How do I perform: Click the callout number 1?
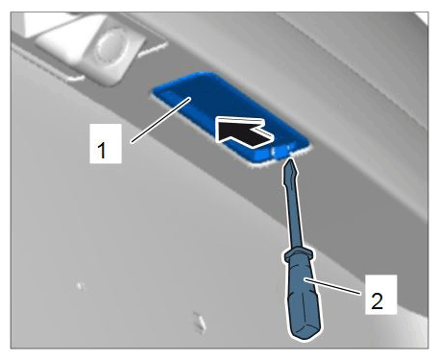pos(102,151)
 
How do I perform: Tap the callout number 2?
pos(377,301)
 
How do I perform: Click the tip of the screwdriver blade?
pos(291,159)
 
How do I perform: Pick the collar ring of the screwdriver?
pos(299,254)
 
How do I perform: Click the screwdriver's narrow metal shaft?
pos(293,204)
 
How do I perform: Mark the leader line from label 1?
pos(161,120)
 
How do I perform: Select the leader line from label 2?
pos(333,286)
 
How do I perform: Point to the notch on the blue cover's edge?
pos(281,152)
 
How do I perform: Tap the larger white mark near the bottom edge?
pos(200,322)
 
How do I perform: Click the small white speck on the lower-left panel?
pos(80,285)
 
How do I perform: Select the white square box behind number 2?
pos(381,295)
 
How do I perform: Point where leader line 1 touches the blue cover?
pos(191,98)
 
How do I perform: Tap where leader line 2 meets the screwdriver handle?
pos(305,279)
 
